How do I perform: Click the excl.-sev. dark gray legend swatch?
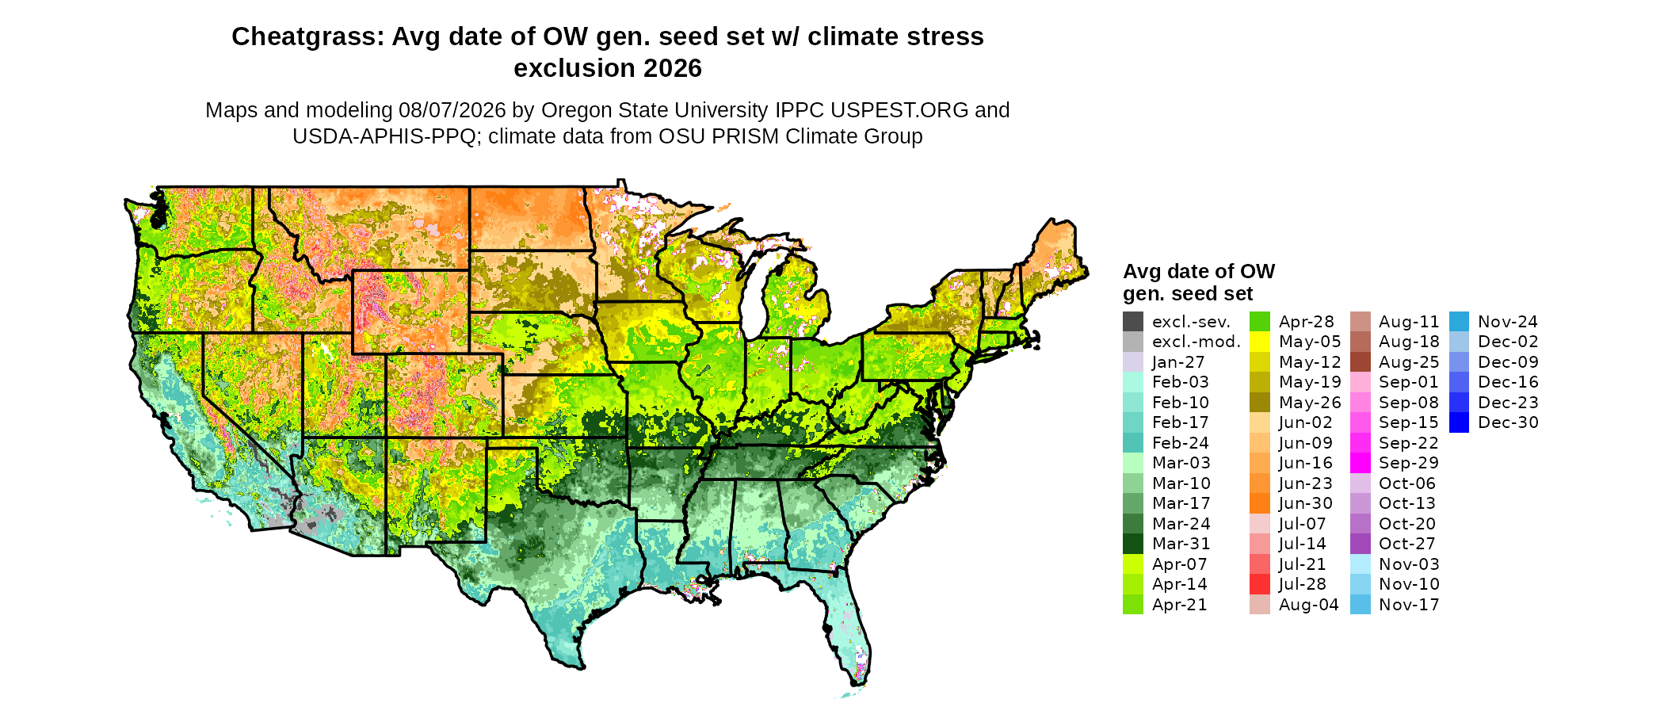coord(1133,322)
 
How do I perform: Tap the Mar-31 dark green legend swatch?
coord(1133,544)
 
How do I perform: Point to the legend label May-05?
coord(1310,342)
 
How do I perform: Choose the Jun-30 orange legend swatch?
coord(1260,503)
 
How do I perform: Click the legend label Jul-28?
coord(1303,584)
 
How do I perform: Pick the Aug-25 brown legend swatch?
coord(1360,362)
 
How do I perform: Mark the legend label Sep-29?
coord(1409,463)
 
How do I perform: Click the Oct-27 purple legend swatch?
coord(1360,544)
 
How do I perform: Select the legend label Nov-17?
coord(1409,605)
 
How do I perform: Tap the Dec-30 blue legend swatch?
coord(1460,422)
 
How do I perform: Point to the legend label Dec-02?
coord(1508,342)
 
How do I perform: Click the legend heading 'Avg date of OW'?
coord(1199,271)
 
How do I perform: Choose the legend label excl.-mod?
coord(1196,342)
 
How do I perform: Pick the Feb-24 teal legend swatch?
coord(1133,443)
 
